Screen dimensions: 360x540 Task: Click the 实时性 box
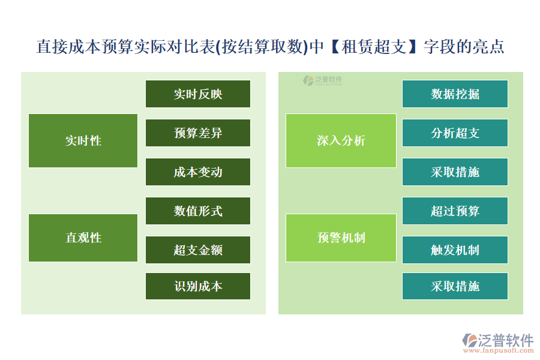point(83,140)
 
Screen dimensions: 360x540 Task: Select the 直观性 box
point(83,238)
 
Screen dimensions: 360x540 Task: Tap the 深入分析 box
point(341,140)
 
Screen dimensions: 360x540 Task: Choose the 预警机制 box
point(341,238)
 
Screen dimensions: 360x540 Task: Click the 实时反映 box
point(198,94)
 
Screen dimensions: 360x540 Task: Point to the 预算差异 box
point(198,133)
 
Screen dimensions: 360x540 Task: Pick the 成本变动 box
point(198,172)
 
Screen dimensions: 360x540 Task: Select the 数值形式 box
point(198,211)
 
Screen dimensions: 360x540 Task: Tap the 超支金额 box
point(198,250)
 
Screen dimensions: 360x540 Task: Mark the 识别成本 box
point(198,286)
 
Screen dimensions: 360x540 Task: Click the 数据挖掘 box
point(455,94)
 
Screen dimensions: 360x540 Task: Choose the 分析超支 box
point(455,133)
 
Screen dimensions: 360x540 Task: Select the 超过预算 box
point(455,211)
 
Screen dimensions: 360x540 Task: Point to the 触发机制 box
point(455,250)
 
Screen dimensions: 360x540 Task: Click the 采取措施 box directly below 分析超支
point(455,172)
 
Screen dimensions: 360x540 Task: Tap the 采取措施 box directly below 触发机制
point(455,286)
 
